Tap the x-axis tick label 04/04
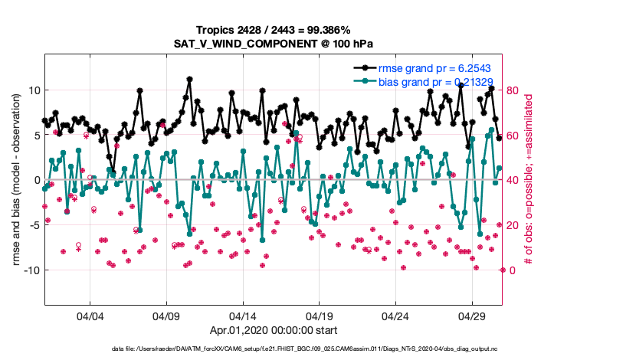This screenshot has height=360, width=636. click(x=90, y=316)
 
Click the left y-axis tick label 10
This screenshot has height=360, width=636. click(x=32, y=90)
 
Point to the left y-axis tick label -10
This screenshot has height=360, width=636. click(x=30, y=270)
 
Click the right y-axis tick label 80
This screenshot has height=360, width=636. click(x=513, y=90)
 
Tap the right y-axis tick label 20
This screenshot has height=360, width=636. click(x=513, y=225)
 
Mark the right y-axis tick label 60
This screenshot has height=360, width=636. click(x=513, y=136)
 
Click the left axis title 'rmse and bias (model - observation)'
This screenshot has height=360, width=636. click(x=16, y=180)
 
